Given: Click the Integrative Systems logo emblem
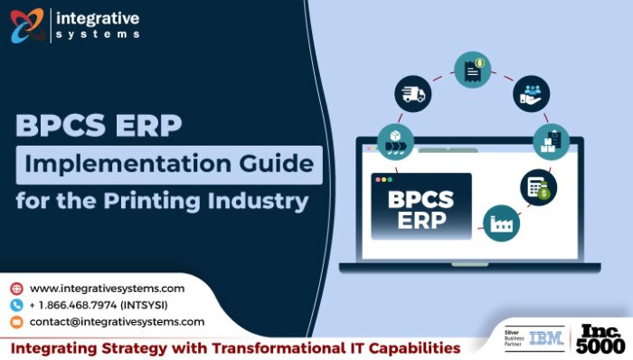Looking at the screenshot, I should click(27, 24).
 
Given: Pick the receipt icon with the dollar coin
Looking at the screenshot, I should click(471, 70).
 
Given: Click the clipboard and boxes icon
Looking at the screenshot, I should click(550, 141).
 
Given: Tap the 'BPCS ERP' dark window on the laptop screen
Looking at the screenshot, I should click(420, 206).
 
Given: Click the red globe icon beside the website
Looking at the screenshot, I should click(16, 289).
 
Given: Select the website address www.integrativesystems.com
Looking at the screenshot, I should click(108, 289).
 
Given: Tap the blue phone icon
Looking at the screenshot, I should click(16, 305).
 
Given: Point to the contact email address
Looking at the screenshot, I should click(117, 322).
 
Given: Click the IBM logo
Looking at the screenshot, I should click(546, 338).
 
